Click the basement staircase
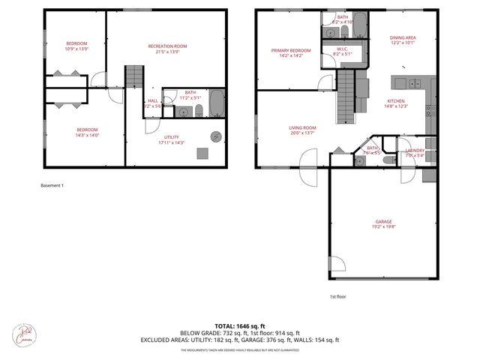point(133,76)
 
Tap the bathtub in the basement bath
point(216,103)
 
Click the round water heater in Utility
point(216,136)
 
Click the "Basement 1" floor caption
point(52,185)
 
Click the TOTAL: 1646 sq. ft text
point(239,325)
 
